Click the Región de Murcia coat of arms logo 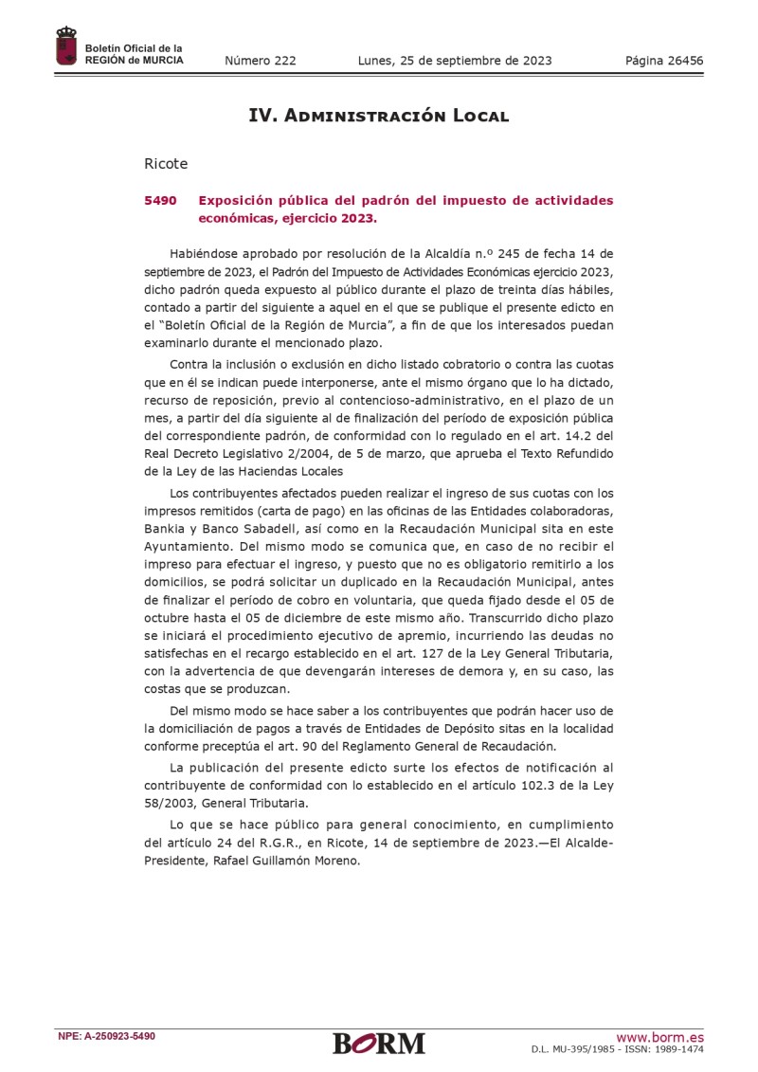click(x=66, y=47)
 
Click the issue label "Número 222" click(x=260, y=61)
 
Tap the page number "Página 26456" click(x=663, y=61)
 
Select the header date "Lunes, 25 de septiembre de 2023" click(x=455, y=61)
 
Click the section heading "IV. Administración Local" click(x=378, y=116)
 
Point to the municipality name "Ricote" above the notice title click(x=166, y=164)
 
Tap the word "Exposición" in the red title click(x=239, y=201)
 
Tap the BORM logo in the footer click(x=378, y=1043)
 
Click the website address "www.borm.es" click(x=659, y=1037)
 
